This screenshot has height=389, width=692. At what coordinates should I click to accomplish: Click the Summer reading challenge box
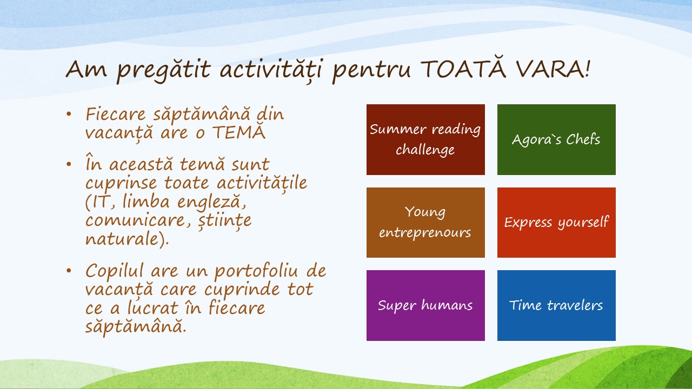point(425,139)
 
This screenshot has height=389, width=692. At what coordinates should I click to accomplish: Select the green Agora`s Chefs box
point(556,139)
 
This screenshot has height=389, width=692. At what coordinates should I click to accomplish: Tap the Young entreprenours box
point(425,222)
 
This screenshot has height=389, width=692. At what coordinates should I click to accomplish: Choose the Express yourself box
point(556,222)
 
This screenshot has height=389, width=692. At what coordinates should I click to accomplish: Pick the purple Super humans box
point(425,305)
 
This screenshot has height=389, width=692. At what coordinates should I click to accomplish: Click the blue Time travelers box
point(556,305)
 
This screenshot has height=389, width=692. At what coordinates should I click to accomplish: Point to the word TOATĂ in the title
point(463,68)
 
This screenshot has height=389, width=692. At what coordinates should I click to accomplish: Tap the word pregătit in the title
point(164,70)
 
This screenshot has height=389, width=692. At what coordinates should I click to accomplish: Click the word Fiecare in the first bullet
point(115,114)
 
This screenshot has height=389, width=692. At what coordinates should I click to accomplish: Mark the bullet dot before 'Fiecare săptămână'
point(69,114)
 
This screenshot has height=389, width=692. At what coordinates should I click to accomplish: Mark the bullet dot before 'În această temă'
point(69,164)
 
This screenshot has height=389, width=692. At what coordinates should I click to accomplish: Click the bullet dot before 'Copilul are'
point(69,271)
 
